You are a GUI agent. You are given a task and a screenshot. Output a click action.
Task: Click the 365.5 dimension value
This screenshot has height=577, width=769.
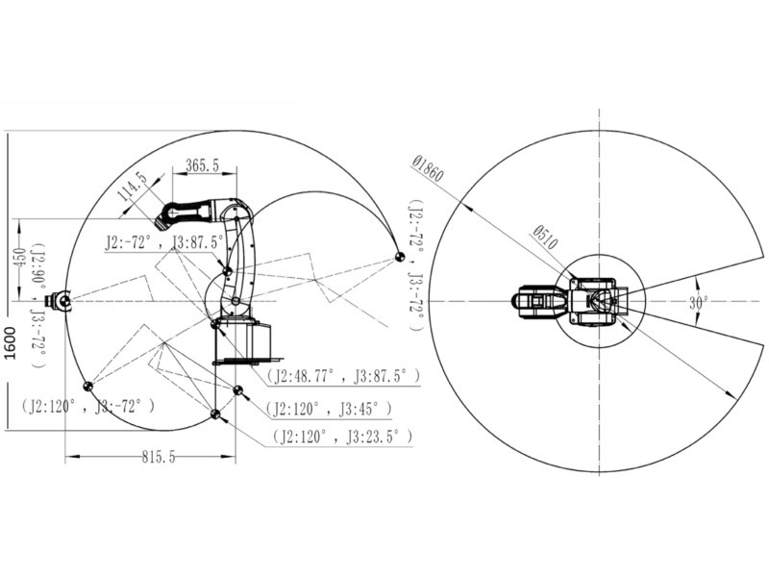(x=203, y=165)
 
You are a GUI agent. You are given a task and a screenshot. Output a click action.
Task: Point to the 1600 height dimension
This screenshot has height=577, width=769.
(x=10, y=342)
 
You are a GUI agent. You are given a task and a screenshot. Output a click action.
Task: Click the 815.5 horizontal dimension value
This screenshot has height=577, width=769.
(x=159, y=457)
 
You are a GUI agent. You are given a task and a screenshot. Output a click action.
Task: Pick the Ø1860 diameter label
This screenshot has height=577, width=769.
(x=428, y=168)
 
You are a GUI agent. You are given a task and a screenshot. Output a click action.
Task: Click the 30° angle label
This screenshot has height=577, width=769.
(x=699, y=303)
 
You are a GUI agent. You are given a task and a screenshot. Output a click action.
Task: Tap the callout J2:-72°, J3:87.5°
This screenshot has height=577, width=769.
(x=163, y=242)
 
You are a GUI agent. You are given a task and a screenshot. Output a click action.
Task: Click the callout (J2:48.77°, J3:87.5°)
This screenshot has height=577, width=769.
(x=343, y=376)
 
